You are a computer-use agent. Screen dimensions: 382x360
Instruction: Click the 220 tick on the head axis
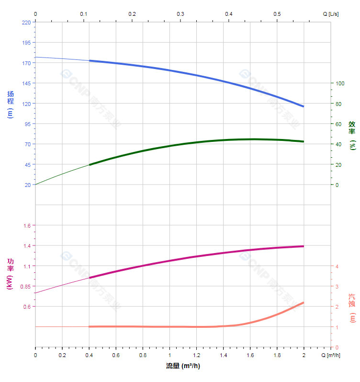(x=26, y=22)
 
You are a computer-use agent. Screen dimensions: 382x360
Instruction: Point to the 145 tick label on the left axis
(x=26, y=83)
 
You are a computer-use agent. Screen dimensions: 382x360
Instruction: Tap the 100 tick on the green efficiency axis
(x=340, y=83)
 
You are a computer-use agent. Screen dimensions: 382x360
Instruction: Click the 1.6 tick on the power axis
(x=26, y=226)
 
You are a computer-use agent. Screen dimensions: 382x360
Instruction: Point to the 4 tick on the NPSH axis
(x=337, y=266)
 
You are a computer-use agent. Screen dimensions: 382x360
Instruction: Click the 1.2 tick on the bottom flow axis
(x=196, y=355)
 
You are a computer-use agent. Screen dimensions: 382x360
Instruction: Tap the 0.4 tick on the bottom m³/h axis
(x=89, y=355)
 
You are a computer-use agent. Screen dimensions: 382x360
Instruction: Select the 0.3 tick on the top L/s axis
(x=180, y=14)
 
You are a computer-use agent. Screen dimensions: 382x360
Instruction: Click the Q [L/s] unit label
(x=330, y=14)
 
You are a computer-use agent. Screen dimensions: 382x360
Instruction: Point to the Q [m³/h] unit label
(x=331, y=355)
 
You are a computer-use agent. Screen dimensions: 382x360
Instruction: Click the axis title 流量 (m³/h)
(x=183, y=366)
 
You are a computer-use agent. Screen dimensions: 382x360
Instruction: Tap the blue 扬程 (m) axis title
(x=10, y=104)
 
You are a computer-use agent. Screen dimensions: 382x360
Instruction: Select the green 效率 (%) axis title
(x=352, y=136)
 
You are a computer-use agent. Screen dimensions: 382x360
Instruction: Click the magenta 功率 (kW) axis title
(x=10, y=274)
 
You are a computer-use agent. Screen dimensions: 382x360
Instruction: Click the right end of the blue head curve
(x=304, y=106)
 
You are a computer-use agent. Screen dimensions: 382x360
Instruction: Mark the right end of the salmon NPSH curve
(x=304, y=302)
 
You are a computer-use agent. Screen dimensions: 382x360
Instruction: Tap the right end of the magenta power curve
(x=304, y=246)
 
